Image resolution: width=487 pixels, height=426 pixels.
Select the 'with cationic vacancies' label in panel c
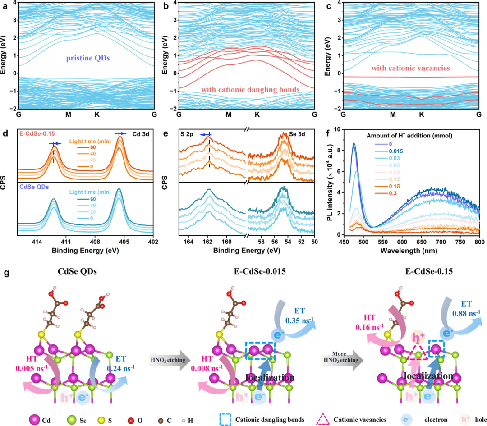410,68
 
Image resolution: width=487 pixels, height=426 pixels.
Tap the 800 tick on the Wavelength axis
479,242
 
